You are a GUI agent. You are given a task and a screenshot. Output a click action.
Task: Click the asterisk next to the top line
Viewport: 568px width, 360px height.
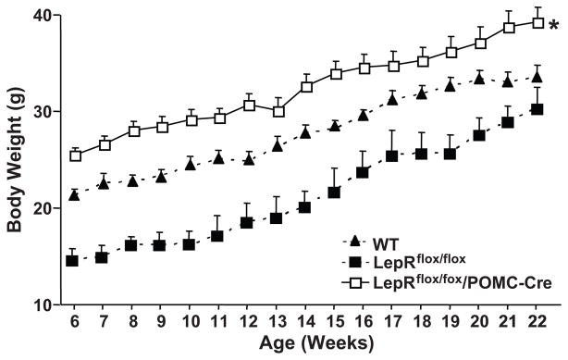553,24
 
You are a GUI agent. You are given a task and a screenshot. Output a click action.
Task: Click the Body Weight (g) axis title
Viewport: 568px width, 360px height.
16,155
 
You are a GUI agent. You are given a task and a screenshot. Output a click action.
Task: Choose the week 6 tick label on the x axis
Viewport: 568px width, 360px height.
74,323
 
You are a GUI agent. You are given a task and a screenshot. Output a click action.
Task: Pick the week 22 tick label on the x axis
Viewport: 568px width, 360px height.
537,323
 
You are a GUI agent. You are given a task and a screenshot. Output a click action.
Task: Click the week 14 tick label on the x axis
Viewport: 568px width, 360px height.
306,323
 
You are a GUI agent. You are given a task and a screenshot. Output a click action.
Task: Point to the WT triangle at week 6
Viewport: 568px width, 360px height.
74,194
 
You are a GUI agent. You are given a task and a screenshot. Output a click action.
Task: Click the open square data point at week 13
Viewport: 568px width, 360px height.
278,111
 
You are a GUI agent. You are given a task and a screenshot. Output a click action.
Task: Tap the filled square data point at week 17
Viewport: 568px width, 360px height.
392,155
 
